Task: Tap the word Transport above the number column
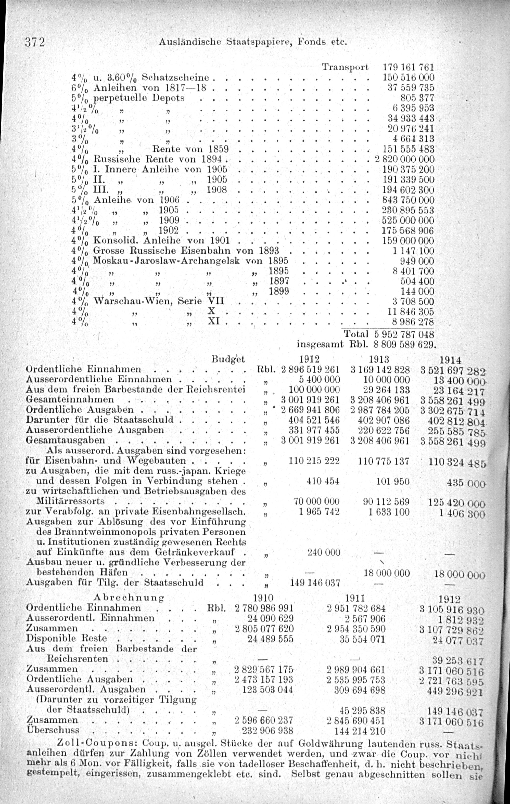[x=345, y=67]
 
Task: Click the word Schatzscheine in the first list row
[x=176, y=78]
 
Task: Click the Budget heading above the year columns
[x=228, y=359]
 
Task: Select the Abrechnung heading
[x=129, y=597]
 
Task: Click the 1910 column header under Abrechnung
[x=263, y=598]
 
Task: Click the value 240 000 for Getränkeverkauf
[x=324, y=553]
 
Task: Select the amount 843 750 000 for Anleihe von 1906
[x=408, y=200]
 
